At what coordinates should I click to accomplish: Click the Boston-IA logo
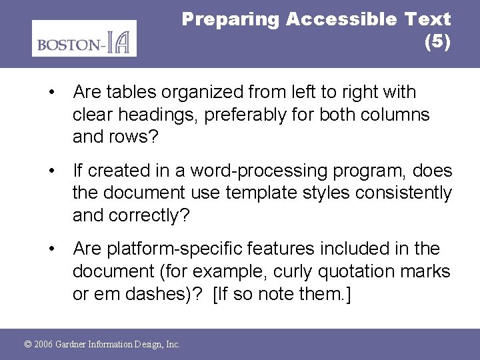[84, 39]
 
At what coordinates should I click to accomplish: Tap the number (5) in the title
[437, 42]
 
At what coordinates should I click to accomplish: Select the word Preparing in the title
[231, 19]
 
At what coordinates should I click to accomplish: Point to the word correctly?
[154, 216]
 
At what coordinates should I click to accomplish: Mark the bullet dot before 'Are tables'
[51, 92]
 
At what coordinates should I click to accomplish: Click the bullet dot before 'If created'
[51, 171]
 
